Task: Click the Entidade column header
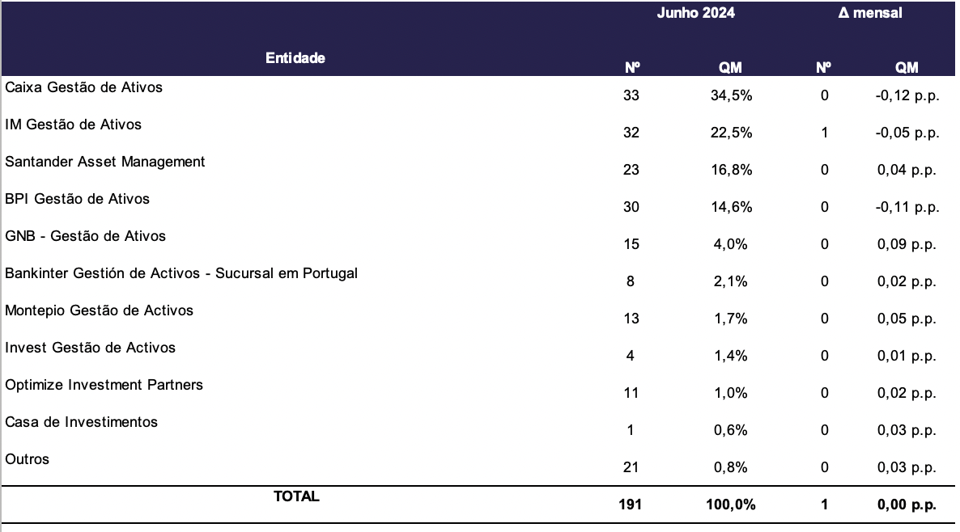point(295,58)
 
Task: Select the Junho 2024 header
point(695,13)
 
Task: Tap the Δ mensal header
point(870,13)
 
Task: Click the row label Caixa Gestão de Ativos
point(84,87)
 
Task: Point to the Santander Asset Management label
point(104,162)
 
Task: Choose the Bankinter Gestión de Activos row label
point(181,273)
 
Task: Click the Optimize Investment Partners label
point(104,385)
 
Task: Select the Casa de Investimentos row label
point(82,422)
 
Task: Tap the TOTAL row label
point(296,496)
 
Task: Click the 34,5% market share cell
point(731,95)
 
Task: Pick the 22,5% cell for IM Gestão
point(731,133)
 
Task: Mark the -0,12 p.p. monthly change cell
point(907,95)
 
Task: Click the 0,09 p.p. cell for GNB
point(907,244)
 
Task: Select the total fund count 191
point(630,505)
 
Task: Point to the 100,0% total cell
point(730,505)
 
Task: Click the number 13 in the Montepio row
point(631,319)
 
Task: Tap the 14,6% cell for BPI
point(731,207)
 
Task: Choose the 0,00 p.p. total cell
point(907,505)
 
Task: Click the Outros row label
point(27,459)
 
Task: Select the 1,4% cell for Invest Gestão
point(731,356)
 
